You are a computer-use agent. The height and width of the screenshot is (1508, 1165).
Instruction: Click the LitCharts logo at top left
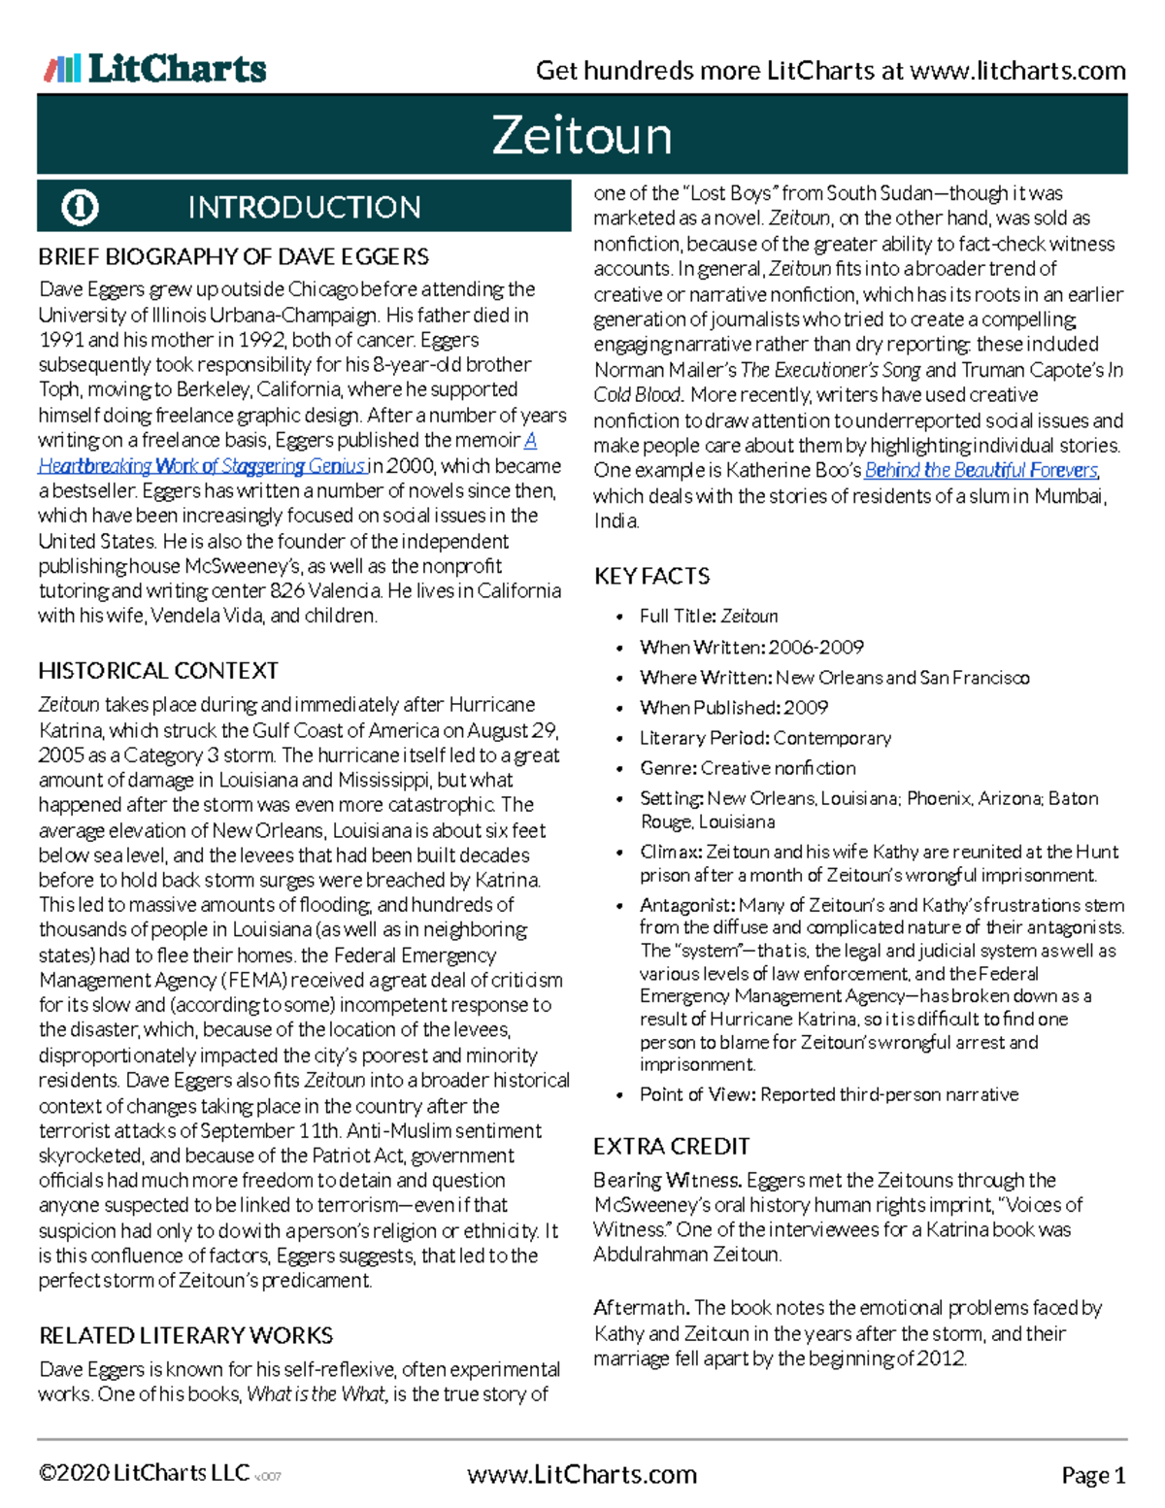[155, 69]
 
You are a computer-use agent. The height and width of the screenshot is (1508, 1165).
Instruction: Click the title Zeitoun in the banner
[582, 135]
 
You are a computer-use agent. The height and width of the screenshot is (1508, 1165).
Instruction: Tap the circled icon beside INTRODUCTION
[80, 207]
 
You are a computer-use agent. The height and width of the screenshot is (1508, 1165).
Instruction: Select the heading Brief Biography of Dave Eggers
[233, 257]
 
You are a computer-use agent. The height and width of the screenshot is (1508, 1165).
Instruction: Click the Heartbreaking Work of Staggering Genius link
[202, 466]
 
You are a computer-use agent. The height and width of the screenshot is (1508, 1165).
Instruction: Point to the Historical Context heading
[158, 671]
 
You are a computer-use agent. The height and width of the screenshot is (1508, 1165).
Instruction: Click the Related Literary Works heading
[185, 1336]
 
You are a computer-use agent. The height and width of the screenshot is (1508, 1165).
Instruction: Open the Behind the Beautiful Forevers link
[981, 471]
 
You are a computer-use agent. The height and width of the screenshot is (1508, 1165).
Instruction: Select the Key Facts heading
[651, 577]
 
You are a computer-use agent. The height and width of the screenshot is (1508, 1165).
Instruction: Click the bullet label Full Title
[678, 617]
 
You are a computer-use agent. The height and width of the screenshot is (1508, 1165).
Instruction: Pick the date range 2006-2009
[816, 648]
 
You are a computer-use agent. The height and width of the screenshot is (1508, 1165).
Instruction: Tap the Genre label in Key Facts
[668, 768]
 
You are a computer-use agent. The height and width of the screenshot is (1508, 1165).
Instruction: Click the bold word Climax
[671, 852]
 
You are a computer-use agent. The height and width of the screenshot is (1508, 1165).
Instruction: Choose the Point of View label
[697, 1094]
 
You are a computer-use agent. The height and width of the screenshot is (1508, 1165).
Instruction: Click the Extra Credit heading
[672, 1147]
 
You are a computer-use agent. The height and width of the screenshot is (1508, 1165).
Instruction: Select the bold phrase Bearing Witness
[668, 1181]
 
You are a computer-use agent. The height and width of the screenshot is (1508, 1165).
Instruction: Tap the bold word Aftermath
[641, 1308]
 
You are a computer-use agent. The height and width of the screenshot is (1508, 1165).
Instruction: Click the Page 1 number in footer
[1093, 1476]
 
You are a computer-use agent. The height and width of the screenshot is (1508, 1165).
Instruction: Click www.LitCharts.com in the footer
[582, 1475]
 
